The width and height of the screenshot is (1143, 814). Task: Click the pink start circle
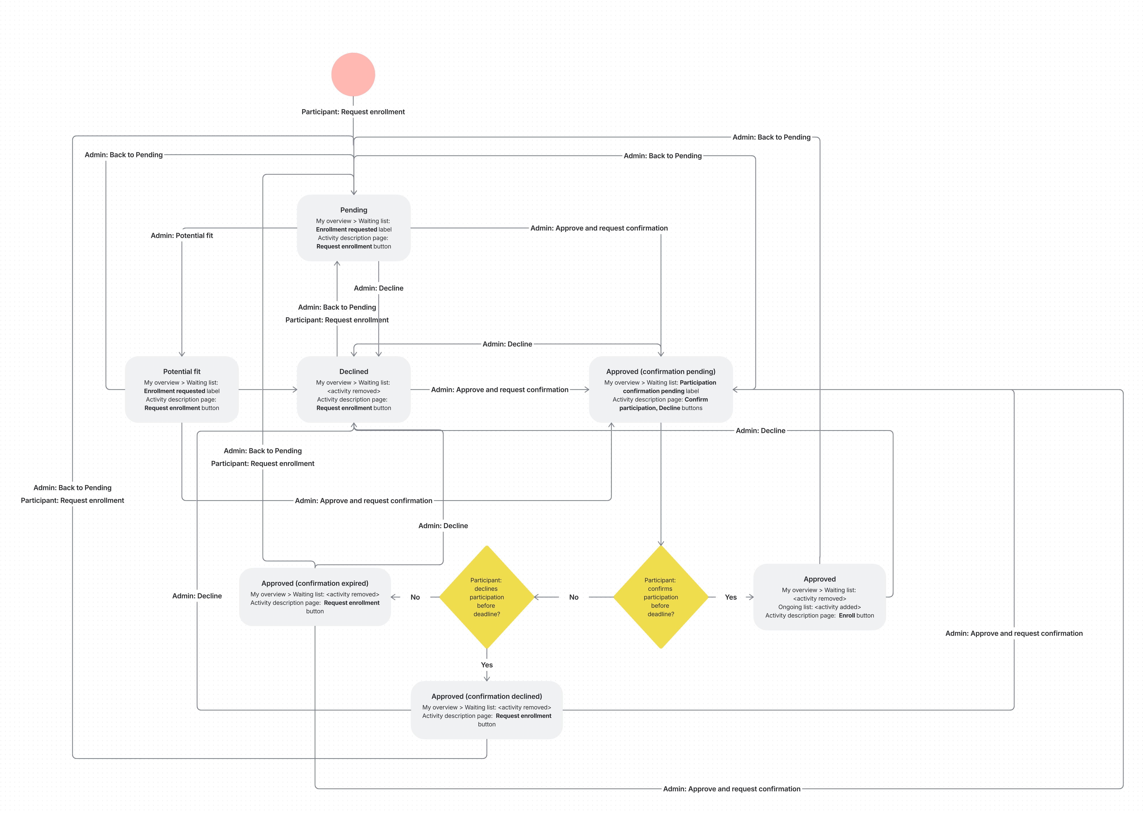pos(353,74)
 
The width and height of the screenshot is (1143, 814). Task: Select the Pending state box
pos(354,228)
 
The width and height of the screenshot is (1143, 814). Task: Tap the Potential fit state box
pos(182,389)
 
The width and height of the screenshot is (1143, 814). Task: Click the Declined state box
pos(354,389)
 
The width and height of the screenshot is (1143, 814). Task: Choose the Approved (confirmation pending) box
pos(661,389)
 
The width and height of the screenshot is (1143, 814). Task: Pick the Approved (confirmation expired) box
pos(315,597)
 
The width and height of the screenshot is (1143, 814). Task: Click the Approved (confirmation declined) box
pos(487,710)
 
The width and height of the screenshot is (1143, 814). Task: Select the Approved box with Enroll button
pos(819,597)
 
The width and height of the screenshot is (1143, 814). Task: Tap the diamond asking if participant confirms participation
pos(661,597)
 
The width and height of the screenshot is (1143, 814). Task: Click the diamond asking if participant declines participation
pos(487,597)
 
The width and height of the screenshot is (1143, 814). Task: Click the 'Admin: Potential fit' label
pos(182,236)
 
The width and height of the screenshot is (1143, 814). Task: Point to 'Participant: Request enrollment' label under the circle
pos(353,112)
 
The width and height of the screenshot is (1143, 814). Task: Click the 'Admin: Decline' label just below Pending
pos(379,288)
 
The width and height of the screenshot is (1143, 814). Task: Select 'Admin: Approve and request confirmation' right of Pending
pos(599,228)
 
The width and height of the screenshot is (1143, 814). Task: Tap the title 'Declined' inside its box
pos(354,371)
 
